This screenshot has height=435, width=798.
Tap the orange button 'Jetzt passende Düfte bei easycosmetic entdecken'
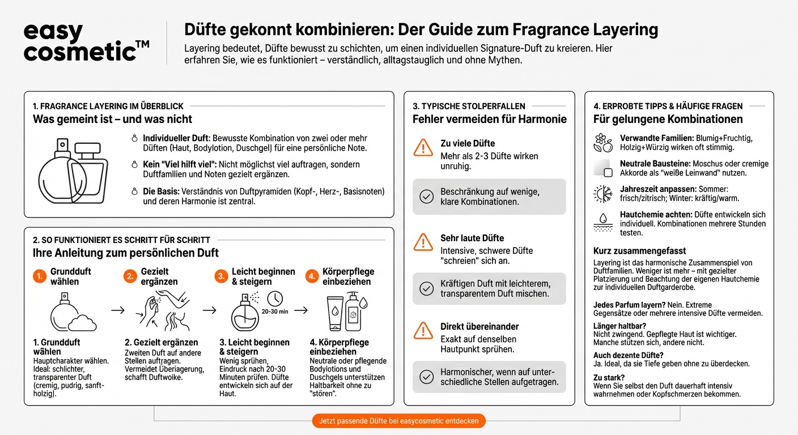click(x=398, y=421)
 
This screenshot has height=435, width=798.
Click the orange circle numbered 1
click(x=39, y=276)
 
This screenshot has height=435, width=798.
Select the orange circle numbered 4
click(x=311, y=276)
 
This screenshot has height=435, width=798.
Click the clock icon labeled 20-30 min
click(x=275, y=299)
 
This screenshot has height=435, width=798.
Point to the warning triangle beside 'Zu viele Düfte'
click(x=423, y=148)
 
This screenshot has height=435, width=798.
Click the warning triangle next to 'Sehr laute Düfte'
click(x=423, y=242)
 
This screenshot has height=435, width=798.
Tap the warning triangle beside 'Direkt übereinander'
click(x=423, y=330)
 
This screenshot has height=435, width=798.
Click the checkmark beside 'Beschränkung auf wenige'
click(x=426, y=197)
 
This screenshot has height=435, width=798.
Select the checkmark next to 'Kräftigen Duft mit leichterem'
click(x=426, y=288)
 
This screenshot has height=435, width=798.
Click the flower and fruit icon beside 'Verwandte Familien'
click(x=602, y=143)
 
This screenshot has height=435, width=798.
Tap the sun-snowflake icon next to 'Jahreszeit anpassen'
click(x=602, y=194)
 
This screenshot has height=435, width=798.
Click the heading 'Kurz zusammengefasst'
click(x=631, y=251)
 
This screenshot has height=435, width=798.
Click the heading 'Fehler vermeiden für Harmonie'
click(x=489, y=119)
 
